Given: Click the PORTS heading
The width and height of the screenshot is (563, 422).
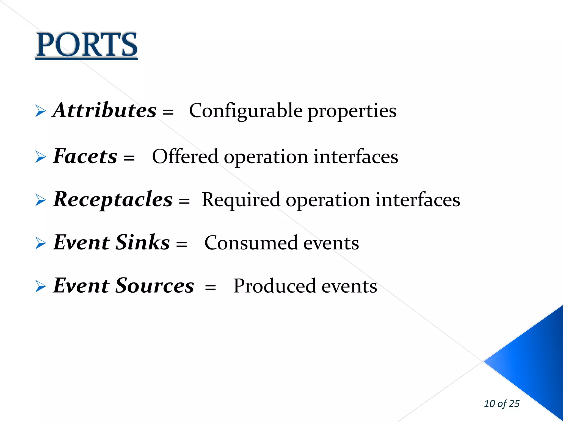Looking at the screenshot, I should click(87, 45).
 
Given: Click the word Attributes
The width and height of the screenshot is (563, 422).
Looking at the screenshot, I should click(105, 110).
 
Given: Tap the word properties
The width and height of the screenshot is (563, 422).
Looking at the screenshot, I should click(352, 111).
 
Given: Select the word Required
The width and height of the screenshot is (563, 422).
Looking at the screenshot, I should click(241, 200).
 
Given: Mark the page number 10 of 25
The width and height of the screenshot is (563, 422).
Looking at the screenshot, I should click(502, 404).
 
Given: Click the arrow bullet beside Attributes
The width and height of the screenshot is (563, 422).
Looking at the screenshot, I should click(41, 111).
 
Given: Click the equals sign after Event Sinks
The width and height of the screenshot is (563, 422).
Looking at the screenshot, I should click(181, 244).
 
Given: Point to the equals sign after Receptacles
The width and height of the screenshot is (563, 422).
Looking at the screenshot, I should click(184, 201).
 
